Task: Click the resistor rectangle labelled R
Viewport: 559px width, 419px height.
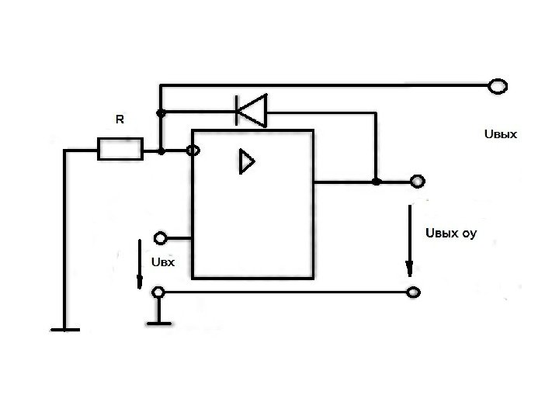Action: point(120,148)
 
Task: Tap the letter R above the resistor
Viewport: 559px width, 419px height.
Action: point(120,120)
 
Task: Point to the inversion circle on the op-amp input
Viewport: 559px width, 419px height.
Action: point(192,151)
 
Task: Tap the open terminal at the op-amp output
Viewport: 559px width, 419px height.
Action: point(418,182)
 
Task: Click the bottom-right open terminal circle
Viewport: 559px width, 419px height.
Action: point(415,293)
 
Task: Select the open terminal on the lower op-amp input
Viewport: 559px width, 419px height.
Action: point(161,237)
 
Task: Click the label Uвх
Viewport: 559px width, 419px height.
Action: point(162,262)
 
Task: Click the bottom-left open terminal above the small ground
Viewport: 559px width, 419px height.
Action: point(158,293)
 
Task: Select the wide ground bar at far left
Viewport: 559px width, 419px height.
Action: point(65,329)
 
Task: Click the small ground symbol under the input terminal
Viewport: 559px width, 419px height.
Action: point(158,320)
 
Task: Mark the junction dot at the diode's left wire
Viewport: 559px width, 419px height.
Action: point(161,113)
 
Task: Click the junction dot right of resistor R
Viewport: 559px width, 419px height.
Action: point(161,151)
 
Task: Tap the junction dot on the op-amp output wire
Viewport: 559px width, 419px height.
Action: point(376,182)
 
